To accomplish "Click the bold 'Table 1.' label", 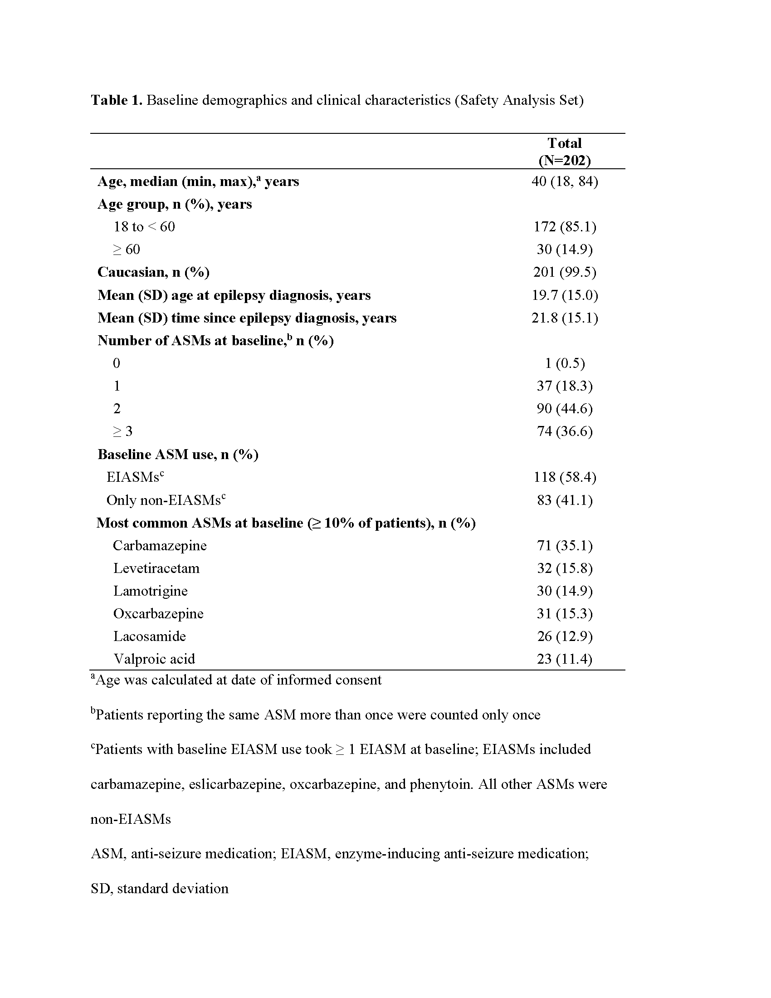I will click(x=117, y=100).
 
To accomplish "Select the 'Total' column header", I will click(x=565, y=143).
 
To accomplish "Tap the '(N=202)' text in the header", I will click(x=565, y=161).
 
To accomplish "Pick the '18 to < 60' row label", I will click(x=144, y=227).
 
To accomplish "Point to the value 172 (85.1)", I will click(x=565, y=227).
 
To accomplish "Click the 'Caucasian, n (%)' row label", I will click(x=153, y=272).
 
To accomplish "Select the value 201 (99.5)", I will click(x=565, y=272).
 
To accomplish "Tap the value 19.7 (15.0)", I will click(x=565, y=295).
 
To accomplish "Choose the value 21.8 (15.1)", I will click(x=565, y=318).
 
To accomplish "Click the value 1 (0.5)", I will click(x=565, y=363).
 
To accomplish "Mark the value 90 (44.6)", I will click(x=565, y=409).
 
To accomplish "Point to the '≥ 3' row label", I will click(x=123, y=431).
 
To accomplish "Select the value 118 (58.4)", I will click(x=565, y=478).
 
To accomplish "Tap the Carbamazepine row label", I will click(x=160, y=546).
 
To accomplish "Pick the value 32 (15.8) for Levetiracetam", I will click(x=565, y=568).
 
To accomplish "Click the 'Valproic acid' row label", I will click(x=154, y=659).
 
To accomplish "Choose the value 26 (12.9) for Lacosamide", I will click(x=565, y=636).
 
